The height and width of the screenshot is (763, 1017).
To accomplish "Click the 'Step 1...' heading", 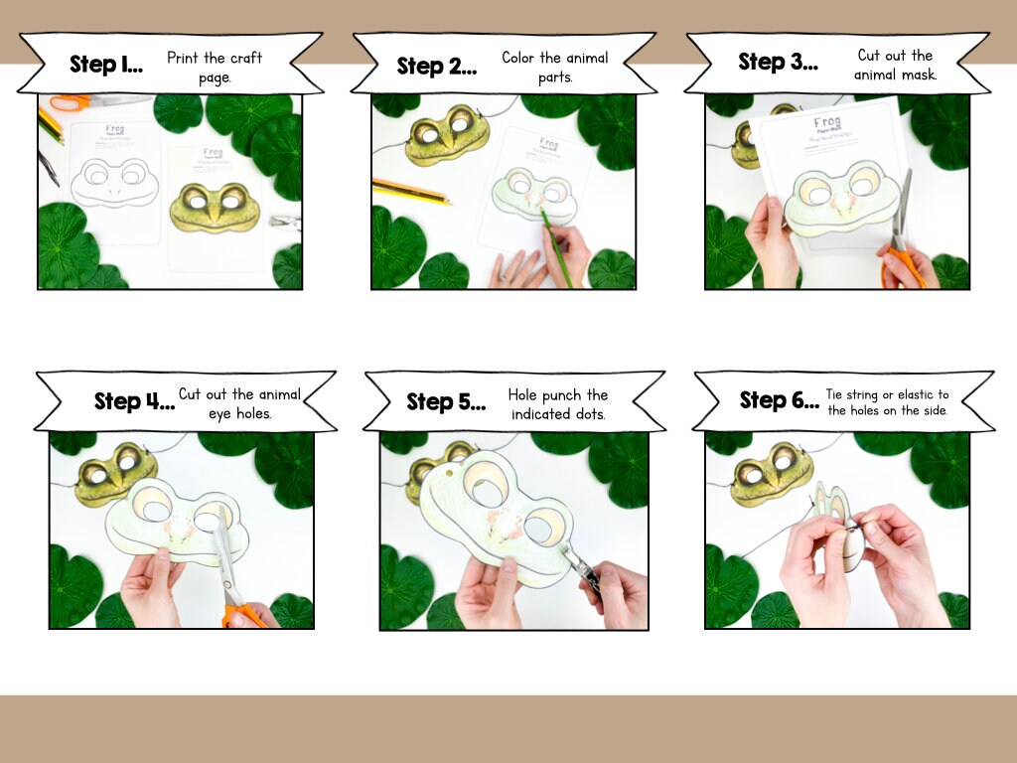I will (x=106, y=65).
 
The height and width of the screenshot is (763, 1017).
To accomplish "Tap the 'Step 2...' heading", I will (x=437, y=67).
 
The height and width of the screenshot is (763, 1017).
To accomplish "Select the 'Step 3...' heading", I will (x=778, y=63).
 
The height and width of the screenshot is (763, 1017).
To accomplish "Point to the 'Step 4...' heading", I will (x=134, y=401).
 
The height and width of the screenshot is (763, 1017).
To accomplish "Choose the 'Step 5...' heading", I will (x=446, y=402).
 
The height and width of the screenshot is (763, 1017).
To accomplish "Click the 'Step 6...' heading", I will (x=779, y=400).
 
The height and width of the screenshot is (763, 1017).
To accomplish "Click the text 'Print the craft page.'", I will (x=215, y=68).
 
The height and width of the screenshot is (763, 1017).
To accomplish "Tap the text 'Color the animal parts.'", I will (x=555, y=67).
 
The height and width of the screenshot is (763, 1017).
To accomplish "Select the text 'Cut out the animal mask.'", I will (x=895, y=65).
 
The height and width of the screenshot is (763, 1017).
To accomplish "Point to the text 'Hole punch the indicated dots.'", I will (x=557, y=404).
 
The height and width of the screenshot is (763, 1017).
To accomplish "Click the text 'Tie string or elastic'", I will (x=887, y=395).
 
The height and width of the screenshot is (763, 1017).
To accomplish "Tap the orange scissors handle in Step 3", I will (x=902, y=268).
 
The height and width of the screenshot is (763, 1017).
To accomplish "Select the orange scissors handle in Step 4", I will (x=241, y=614).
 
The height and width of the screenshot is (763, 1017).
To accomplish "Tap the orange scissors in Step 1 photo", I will (x=70, y=101).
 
